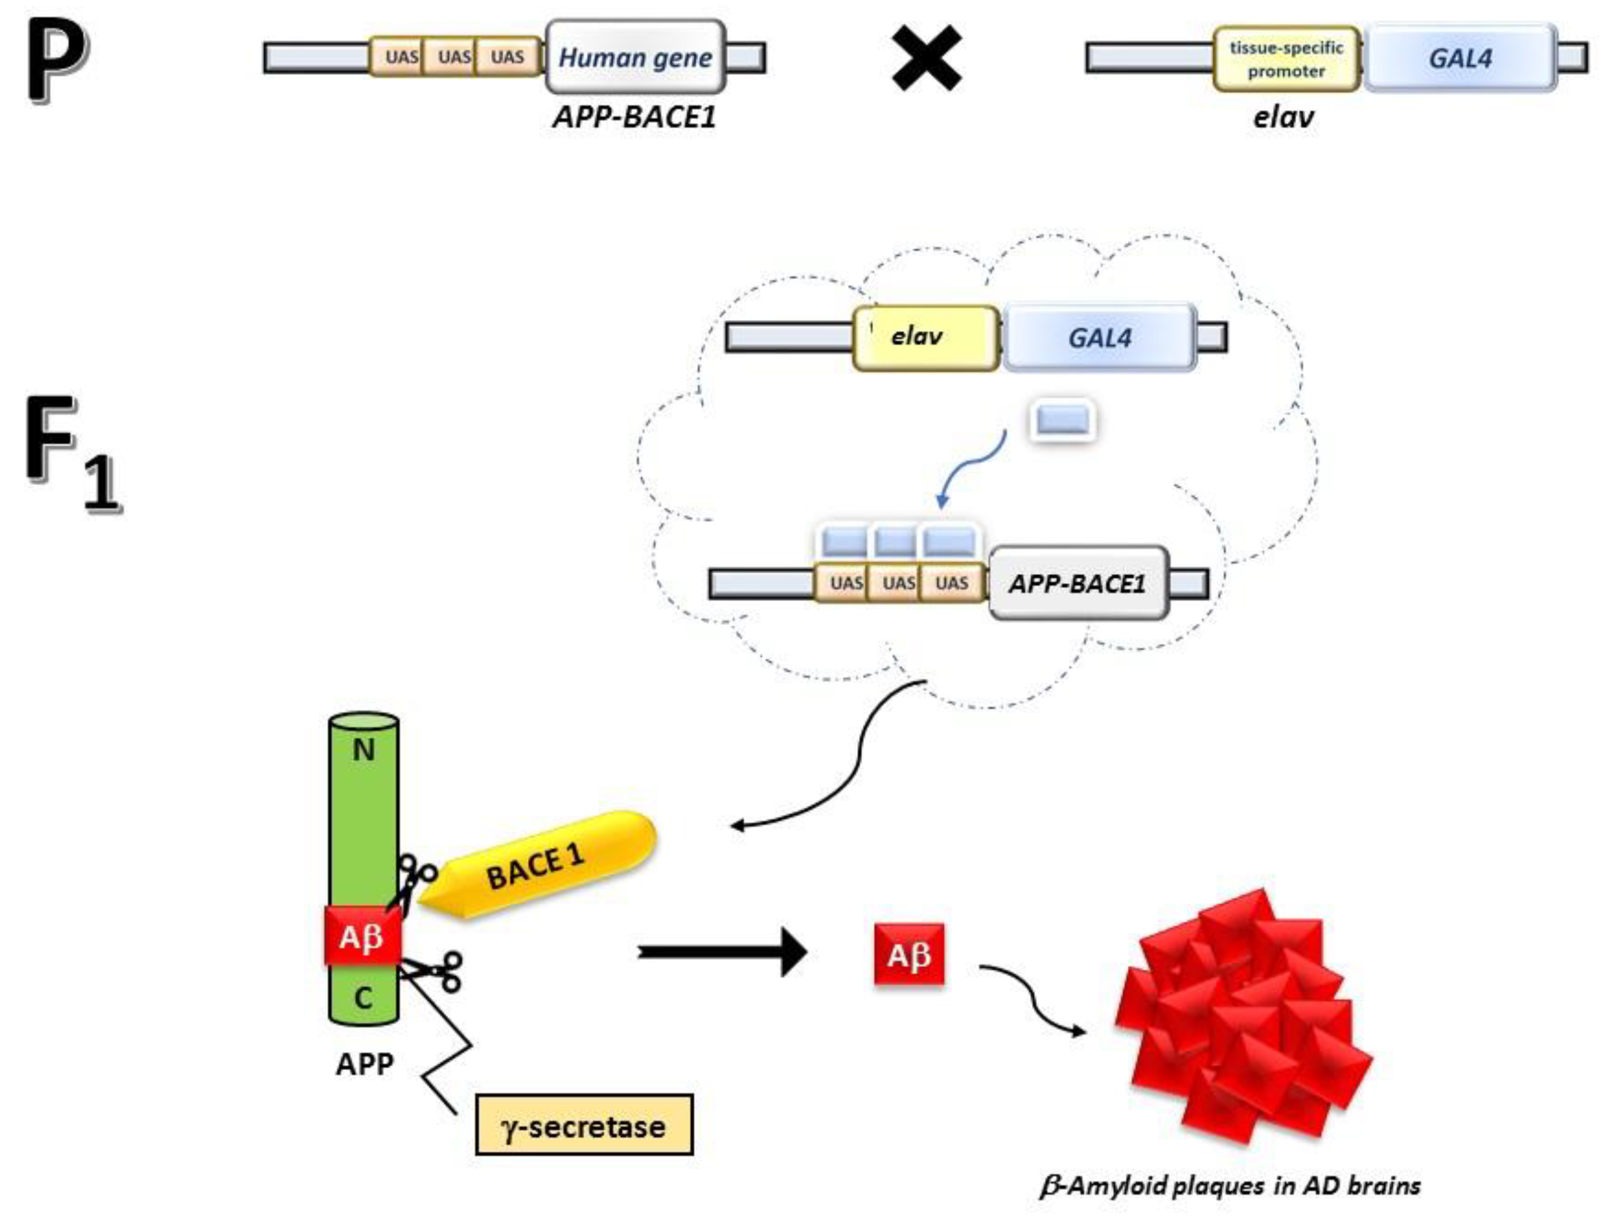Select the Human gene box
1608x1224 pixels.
635,57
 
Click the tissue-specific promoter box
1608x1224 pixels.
1286,59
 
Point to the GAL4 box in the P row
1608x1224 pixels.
1460,58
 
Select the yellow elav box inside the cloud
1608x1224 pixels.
925,337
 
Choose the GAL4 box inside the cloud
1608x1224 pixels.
1099,338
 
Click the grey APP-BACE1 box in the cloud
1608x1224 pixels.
1077,584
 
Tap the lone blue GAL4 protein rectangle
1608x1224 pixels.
1063,421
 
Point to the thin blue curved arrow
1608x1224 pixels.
973,466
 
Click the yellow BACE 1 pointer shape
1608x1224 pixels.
539,867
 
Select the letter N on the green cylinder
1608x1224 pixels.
363,750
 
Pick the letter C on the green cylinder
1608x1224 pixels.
363,997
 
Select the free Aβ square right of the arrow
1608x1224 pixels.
908,954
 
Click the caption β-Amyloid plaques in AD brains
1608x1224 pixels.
1230,1186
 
